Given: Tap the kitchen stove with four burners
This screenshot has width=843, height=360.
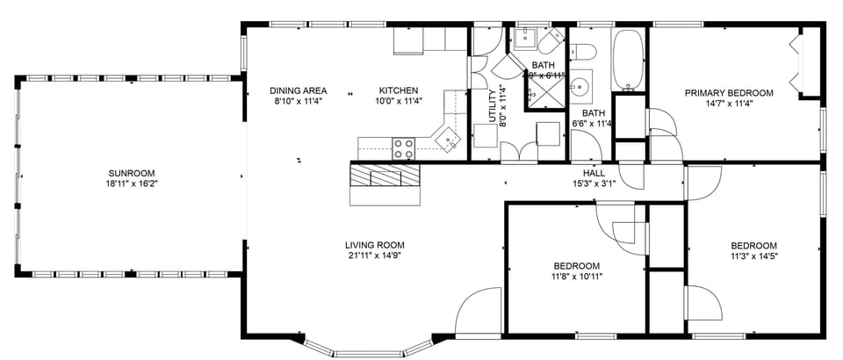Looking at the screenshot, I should coord(404,148).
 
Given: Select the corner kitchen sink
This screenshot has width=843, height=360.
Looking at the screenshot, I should coord(450,139).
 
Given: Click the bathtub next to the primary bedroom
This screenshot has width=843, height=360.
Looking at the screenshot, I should coord(627,59).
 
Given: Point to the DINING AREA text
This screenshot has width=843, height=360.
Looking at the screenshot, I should coord(298,90).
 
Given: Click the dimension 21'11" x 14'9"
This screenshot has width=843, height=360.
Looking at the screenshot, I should coord(374,256).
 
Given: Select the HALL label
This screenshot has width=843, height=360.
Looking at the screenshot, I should coord(594,173).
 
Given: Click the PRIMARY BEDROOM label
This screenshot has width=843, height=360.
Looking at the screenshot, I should coord(729,92).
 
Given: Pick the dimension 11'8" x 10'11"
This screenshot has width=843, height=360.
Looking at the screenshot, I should coord(576,276).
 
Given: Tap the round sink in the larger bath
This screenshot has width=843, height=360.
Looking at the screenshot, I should coord(580,87).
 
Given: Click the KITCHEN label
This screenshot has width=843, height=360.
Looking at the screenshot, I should coord(398,90).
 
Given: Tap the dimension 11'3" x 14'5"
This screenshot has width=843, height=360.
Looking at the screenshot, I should coord(753,256).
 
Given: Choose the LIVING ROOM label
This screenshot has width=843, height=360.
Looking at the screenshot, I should coord(374,245).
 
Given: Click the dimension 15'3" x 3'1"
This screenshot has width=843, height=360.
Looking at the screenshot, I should coord(594,184).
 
